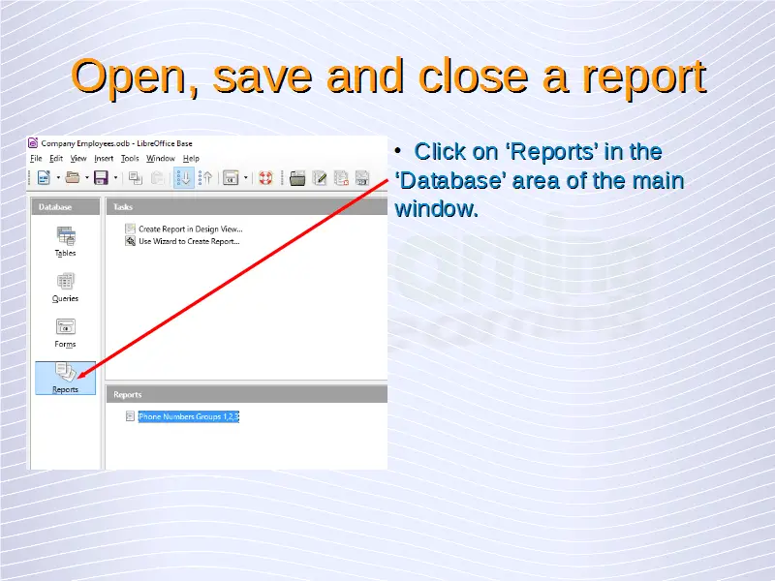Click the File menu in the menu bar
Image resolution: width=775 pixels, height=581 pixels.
point(36,158)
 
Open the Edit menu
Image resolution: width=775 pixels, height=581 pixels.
point(56,158)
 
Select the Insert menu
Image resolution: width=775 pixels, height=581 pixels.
point(104,158)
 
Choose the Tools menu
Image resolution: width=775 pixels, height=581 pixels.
point(130,158)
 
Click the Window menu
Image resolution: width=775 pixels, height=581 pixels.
point(161,158)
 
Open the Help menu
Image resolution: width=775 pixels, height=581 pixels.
point(191,158)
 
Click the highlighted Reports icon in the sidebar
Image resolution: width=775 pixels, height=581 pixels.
point(65,378)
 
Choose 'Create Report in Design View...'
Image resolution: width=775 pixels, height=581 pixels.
point(190,229)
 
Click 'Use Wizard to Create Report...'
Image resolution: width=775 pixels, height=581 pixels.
point(189,241)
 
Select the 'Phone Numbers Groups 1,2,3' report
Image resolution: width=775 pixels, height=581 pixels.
point(188,416)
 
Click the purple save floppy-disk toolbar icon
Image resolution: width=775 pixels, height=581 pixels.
point(101,178)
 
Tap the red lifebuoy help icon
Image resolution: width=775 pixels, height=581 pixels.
point(265,178)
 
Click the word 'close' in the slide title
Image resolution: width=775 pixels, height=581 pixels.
point(473,76)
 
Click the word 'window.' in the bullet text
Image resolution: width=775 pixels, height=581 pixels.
point(437,208)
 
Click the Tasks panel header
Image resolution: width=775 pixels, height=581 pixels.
point(247,207)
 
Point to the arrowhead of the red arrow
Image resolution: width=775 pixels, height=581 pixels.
point(79,378)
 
